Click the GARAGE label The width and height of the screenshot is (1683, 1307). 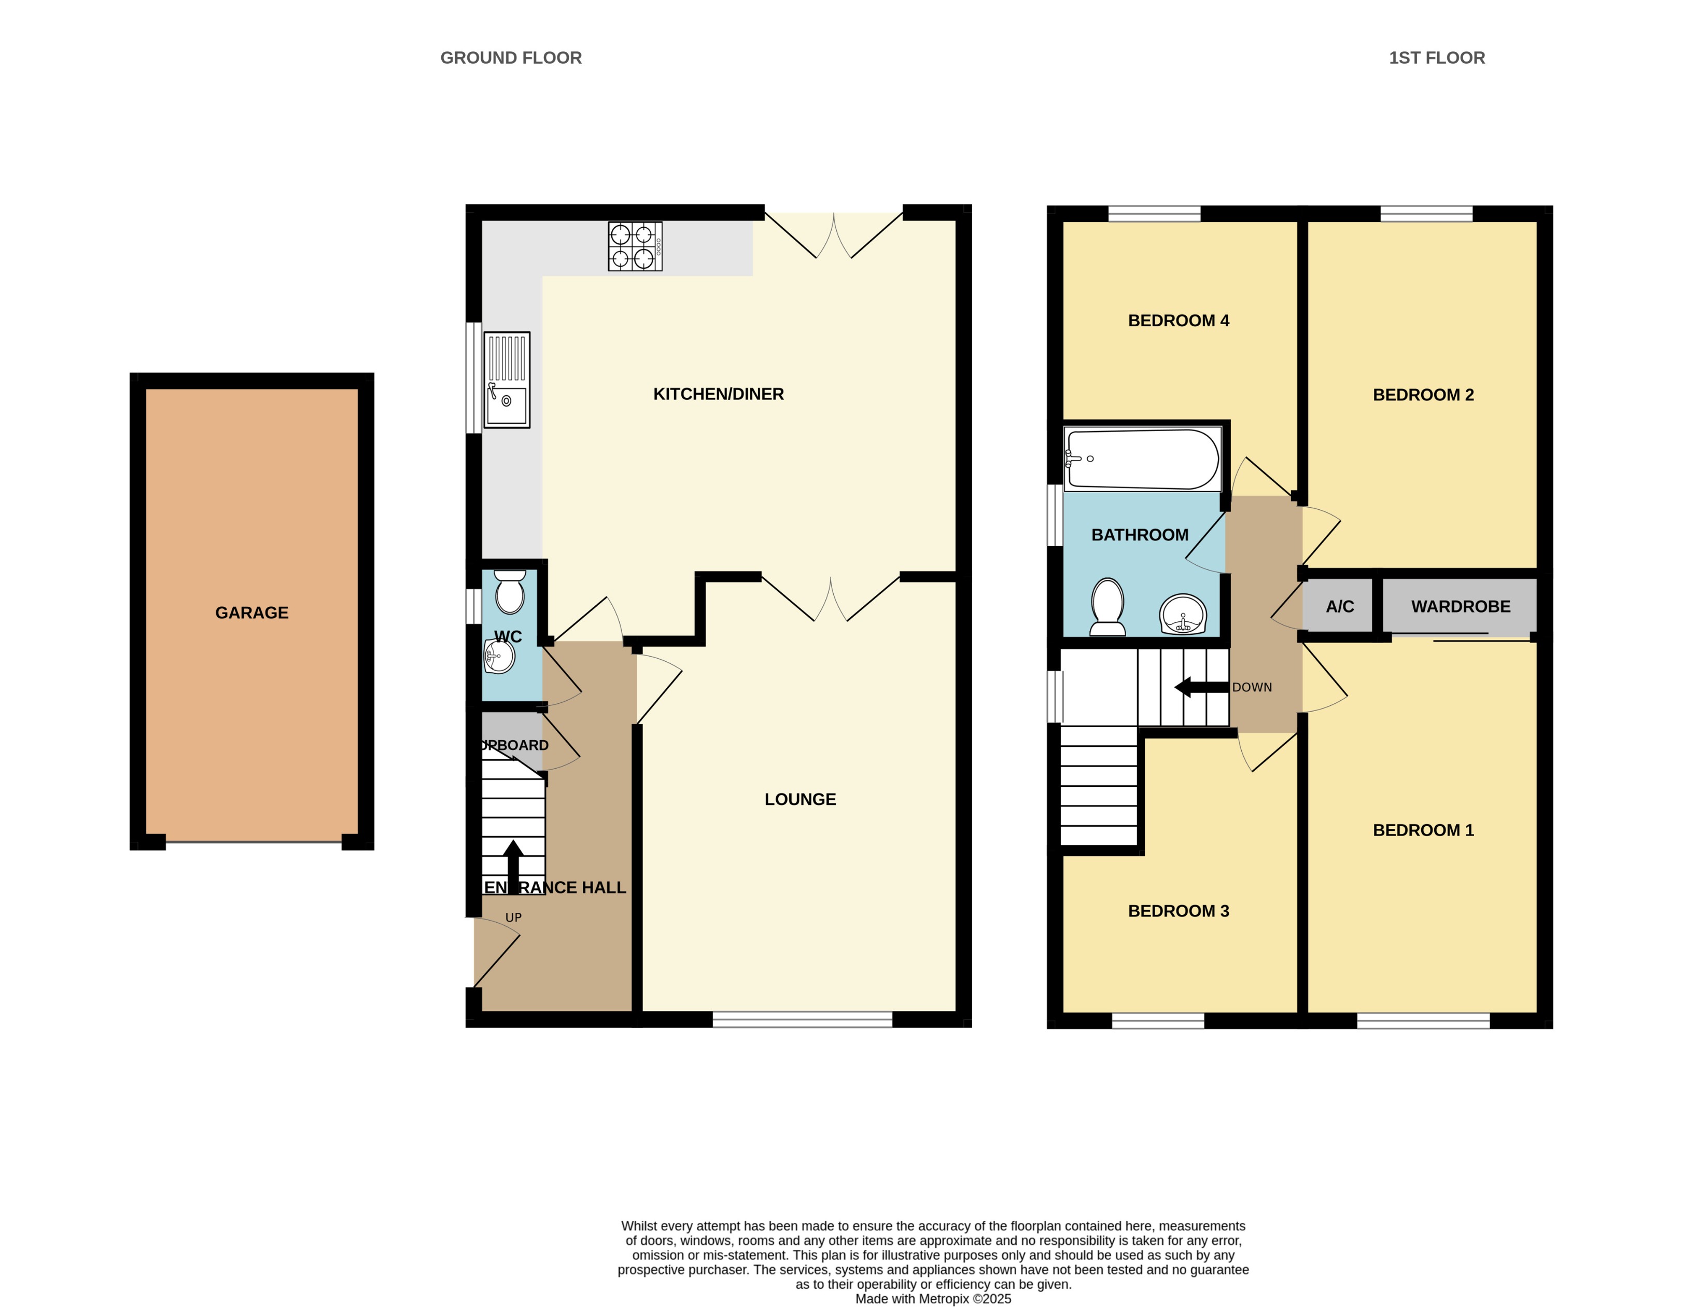pyautogui.click(x=251, y=613)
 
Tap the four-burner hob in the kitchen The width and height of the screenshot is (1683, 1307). pyautogui.click(x=635, y=246)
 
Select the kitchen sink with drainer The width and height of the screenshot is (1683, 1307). pyautogui.click(x=506, y=380)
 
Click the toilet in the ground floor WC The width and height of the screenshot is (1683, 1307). pyautogui.click(x=509, y=592)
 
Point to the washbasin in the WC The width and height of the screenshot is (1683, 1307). pyautogui.click(x=499, y=657)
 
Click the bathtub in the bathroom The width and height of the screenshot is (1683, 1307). pyautogui.click(x=1142, y=460)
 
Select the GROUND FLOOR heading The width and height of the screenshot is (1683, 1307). pyautogui.click(x=510, y=58)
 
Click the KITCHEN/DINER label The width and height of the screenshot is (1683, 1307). pyautogui.click(x=718, y=394)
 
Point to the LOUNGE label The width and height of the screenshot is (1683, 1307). pyautogui.click(x=800, y=799)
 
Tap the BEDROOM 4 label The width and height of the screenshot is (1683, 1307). pyautogui.click(x=1178, y=321)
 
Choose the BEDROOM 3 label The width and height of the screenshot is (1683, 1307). pyautogui.click(x=1178, y=911)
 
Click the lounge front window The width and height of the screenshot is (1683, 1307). pyautogui.click(x=802, y=1020)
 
